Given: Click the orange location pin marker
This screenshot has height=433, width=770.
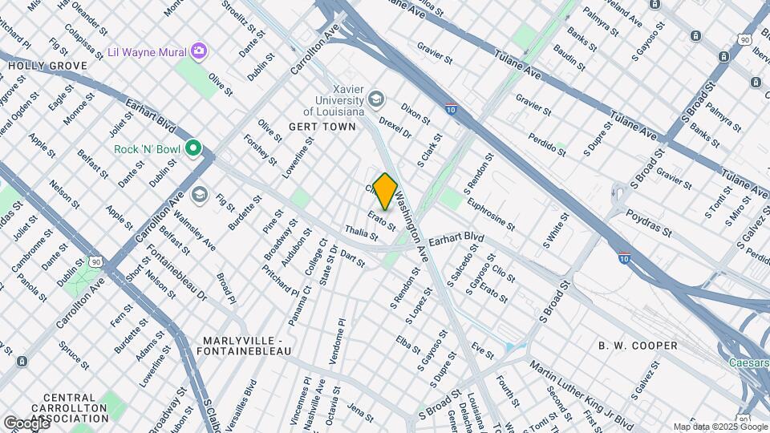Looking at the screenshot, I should point(385,192).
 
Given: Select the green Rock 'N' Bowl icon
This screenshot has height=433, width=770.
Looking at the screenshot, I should point(192,148).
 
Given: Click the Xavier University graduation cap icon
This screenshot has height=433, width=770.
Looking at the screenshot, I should point(375,99).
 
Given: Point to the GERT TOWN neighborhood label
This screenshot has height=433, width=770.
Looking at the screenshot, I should point(319,127).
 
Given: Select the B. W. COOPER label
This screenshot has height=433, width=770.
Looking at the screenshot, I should point(638,346).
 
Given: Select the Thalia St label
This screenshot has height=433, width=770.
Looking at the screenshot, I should point(361,233).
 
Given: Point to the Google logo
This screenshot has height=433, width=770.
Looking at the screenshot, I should point(26,423).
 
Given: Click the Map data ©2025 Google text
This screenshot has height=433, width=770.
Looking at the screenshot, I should point(719,427).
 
